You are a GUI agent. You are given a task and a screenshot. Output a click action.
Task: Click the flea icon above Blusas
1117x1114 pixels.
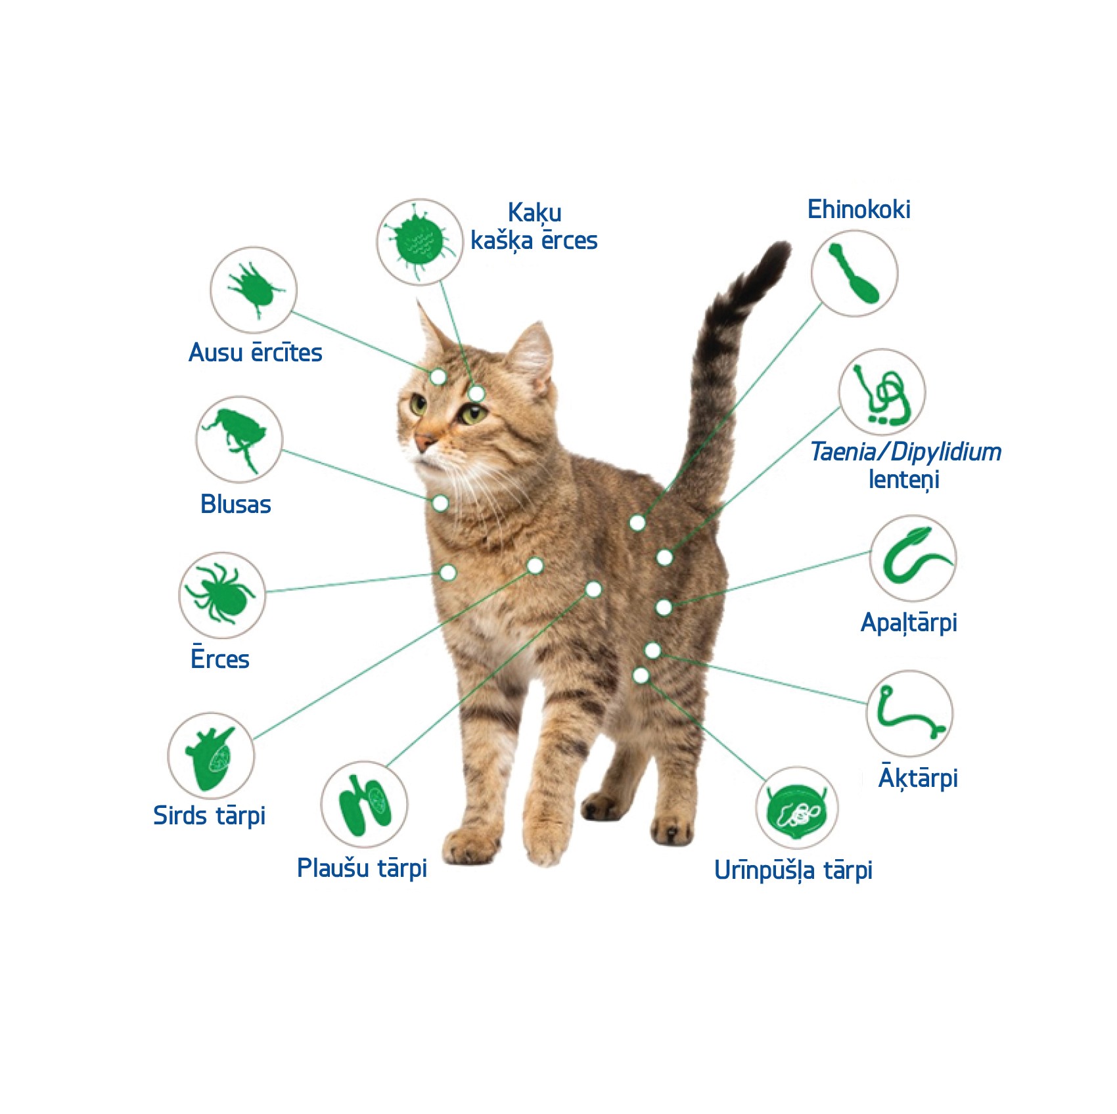(x=237, y=439)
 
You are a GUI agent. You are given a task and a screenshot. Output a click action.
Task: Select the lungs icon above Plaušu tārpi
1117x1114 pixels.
(x=365, y=805)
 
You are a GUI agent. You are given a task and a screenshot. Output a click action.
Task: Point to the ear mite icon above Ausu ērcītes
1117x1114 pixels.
(x=254, y=290)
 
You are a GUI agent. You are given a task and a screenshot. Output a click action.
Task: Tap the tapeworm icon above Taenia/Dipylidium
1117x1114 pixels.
(x=883, y=393)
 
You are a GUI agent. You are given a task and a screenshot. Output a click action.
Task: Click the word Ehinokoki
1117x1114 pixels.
(x=859, y=210)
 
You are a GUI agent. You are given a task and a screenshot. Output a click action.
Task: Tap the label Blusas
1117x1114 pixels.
(x=236, y=504)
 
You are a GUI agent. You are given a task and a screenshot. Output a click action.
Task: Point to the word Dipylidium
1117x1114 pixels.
(x=947, y=452)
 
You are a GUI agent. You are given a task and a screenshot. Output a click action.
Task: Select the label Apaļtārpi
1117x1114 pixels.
(x=909, y=623)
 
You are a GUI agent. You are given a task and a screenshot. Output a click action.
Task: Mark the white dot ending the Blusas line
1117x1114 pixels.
(x=440, y=503)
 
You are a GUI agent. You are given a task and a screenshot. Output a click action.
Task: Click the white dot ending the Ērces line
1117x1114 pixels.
(x=448, y=572)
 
